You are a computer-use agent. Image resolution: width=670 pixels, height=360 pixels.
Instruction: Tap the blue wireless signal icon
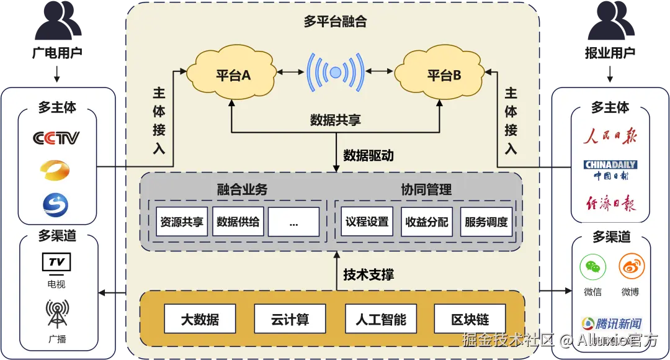tap(336, 73)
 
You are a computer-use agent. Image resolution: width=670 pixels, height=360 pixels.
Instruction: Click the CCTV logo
tap(56, 138)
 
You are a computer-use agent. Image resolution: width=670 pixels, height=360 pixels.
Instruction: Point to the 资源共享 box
tap(182, 222)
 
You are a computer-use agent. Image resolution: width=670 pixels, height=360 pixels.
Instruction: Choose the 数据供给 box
tap(238, 222)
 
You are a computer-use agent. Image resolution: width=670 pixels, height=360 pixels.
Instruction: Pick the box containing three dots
tap(293, 222)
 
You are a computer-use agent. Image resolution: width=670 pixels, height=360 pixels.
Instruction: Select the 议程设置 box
tap(367, 222)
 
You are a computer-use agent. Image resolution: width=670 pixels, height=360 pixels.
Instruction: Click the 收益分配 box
tap(426, 222)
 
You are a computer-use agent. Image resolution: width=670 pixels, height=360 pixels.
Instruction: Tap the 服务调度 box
tap(486, 222)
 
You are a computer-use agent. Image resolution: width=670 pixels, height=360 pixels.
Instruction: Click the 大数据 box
tap(200, 320)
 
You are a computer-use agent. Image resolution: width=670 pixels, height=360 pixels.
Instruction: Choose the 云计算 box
tap(290, 320)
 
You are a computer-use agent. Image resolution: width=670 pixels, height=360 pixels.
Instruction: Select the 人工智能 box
tap(380, 320)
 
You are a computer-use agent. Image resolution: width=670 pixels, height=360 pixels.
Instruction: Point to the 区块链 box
tap(470, 320)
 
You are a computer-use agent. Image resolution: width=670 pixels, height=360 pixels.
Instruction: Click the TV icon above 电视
tap(56, 263)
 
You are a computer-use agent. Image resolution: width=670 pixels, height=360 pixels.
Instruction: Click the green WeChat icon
tap(592, 268)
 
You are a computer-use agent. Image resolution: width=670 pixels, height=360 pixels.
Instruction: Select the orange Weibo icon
tap(632, 268)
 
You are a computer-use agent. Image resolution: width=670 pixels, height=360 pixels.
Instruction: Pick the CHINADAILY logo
tap(610, 165)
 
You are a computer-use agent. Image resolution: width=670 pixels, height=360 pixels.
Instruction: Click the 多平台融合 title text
tap(335, 22)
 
